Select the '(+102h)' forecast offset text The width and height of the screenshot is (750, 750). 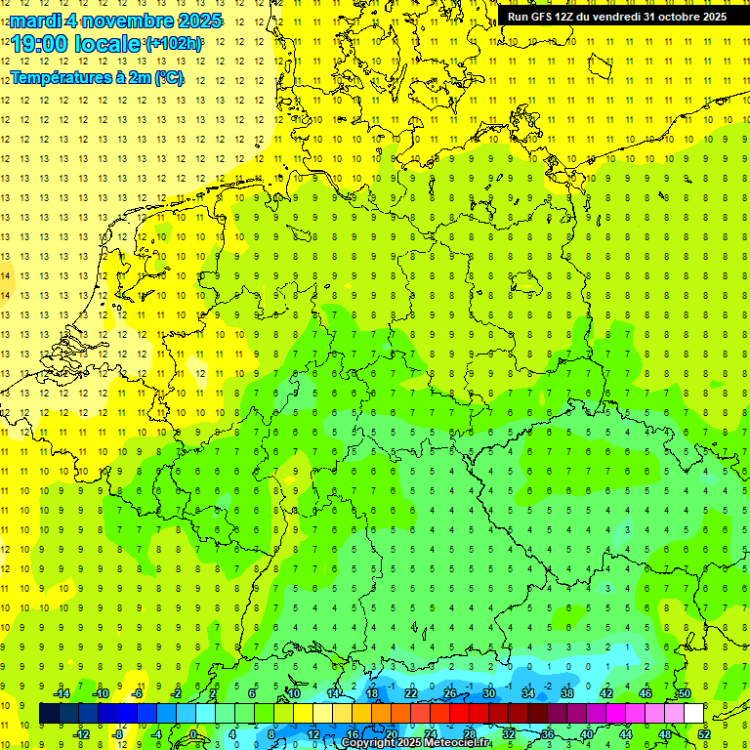point(174,44)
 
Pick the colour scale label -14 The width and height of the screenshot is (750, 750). point(61,693)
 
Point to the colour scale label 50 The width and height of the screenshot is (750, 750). point(685,693)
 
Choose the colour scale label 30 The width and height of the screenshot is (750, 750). point(488,693)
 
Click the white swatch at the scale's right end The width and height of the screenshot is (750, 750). point(693,713)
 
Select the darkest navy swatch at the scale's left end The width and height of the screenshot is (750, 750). point(49,713)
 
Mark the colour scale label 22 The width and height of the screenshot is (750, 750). point(410,693)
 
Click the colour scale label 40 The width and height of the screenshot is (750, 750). point(587,734)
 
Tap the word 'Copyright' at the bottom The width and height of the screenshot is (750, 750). point(369,743)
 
